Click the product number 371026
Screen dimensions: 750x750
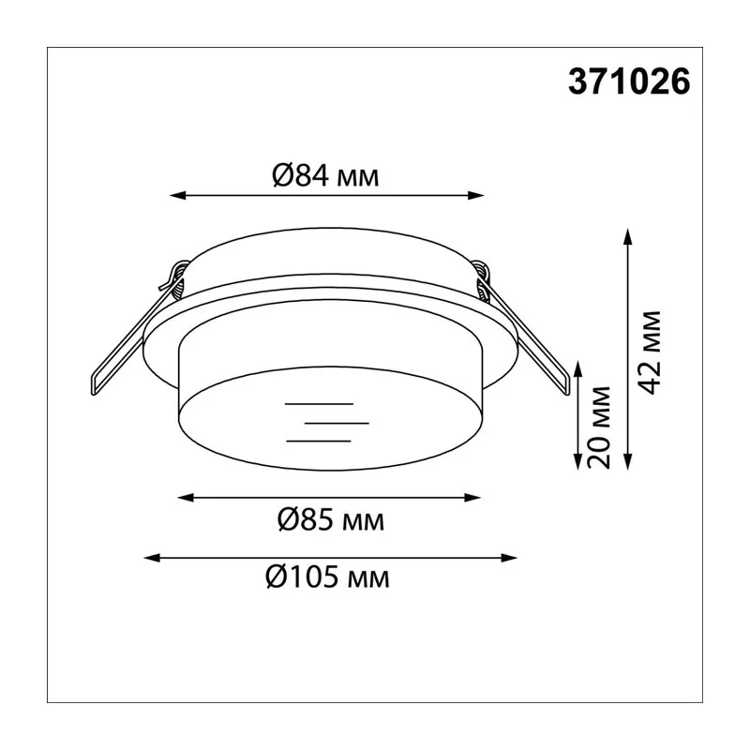pyautogui.click(x=629, y=82)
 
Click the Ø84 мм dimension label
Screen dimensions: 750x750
pyautogui.click(x=325, y=175)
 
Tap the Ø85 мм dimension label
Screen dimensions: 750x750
pyautogui.click(x=331, y=519)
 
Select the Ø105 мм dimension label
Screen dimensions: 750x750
pyautogui.click(x=327, y=577)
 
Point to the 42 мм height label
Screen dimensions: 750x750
pyautogui.click(x=650, y=352)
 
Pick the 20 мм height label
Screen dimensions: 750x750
pyautogui.click(x=599, y=427)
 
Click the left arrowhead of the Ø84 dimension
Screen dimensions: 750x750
pyautogui.click(x=177, y=195)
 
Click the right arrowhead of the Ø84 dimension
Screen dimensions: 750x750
pyautogui.click(x=476, y=195)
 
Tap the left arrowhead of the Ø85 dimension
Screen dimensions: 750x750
pyautogui.click(x=186, y=498)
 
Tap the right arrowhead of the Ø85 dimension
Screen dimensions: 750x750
pyautogui.click(x=472, y=498)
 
